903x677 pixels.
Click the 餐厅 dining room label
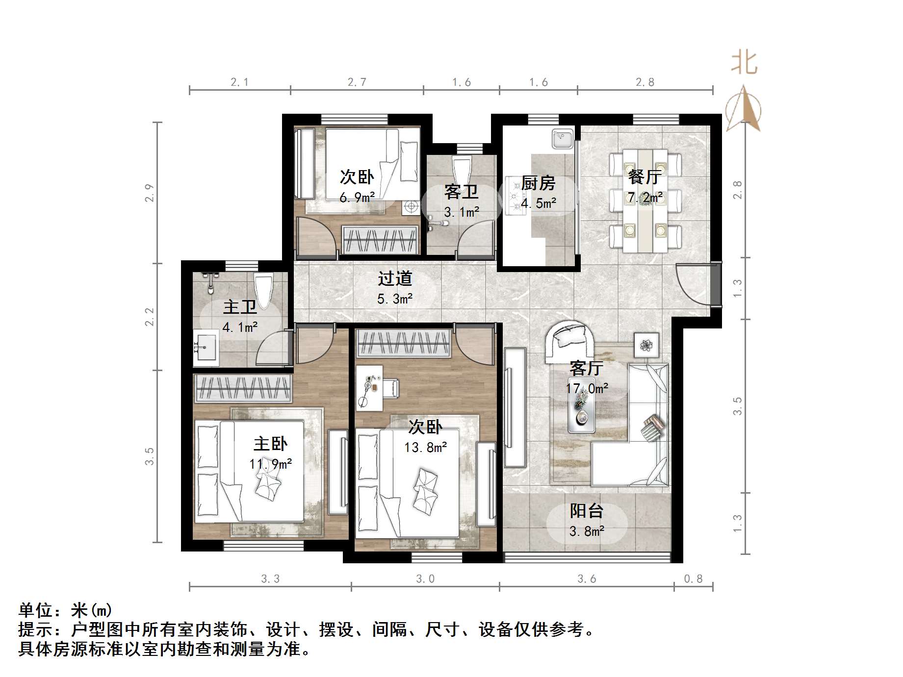pos(645,176)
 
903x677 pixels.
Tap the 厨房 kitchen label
pos(538,183)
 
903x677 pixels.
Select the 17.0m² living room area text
pos(587,389)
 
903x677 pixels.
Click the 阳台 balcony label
pos(586,511)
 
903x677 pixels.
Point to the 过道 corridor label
pos(395,278)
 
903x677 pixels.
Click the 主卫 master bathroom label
pos(240,307)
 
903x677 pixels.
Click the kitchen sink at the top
pos(562,138)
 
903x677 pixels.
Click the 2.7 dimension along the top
pos(357,82)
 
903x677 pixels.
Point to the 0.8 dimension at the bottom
pos(693,579)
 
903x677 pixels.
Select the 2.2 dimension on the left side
pos(150,317)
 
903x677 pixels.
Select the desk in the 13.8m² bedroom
pos(369,387)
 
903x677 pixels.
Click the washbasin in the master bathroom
pos(206,347)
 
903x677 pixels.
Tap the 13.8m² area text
pos(425,448)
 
